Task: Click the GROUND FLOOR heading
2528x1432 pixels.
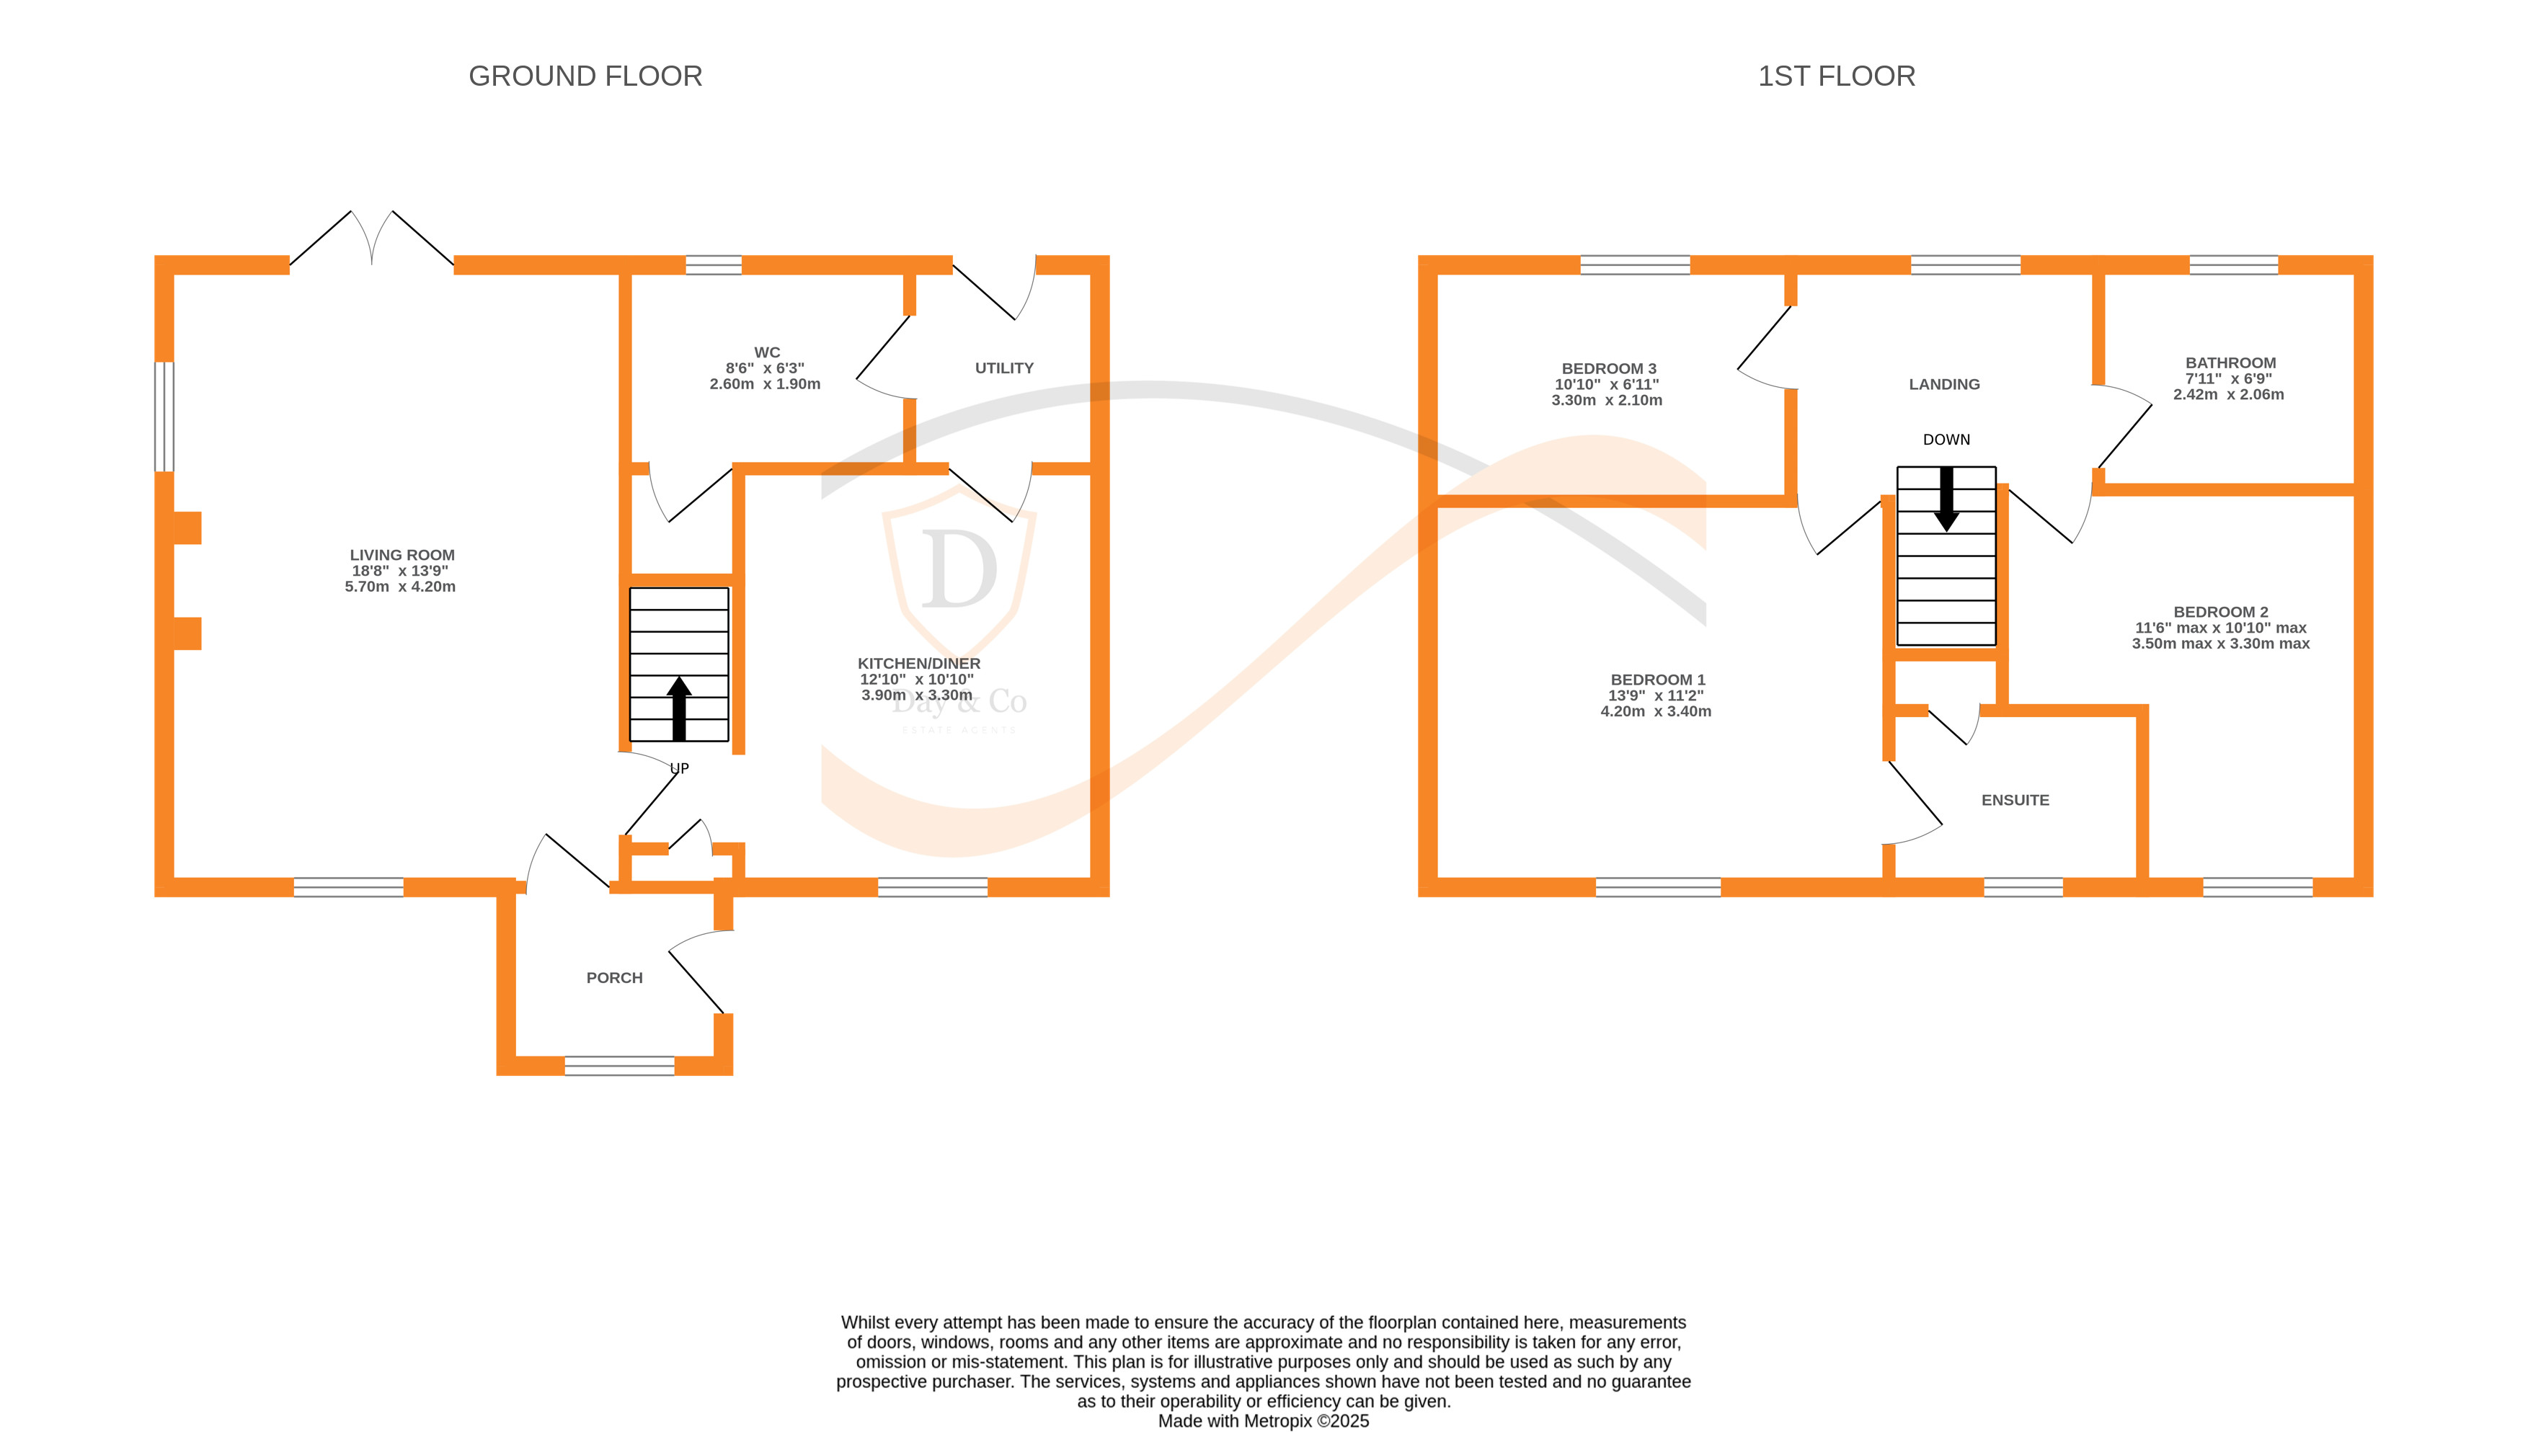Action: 585,76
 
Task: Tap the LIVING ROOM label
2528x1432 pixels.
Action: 402,555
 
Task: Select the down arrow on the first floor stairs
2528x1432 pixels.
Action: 1946,499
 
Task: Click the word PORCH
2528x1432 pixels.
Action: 614,978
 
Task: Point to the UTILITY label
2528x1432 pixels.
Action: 1003,368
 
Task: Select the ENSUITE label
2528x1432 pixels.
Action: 2015,799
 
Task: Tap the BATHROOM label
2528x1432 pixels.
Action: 2230,363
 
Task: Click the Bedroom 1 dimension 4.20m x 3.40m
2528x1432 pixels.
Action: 1656,711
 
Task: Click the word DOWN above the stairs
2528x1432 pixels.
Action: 1946,440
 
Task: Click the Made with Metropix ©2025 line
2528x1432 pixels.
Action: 1263,1420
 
